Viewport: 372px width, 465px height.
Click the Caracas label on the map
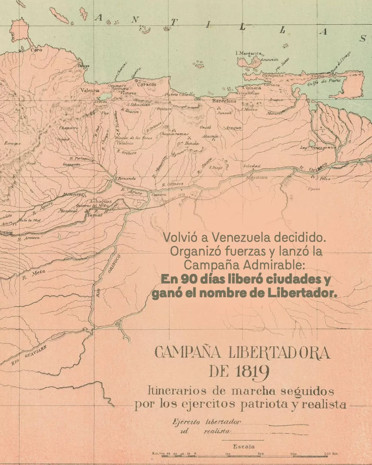147,84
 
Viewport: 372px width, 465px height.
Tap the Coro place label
37,50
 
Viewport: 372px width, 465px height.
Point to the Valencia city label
90,90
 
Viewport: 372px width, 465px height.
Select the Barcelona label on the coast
224,101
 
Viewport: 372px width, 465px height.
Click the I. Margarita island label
248,53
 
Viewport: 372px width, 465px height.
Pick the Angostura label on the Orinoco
257,178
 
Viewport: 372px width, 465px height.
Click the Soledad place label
252,166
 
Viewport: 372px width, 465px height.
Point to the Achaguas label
101,201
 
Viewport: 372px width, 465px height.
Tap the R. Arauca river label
29,238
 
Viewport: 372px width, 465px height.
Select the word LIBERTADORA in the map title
279,353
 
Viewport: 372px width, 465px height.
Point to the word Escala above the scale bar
244,446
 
